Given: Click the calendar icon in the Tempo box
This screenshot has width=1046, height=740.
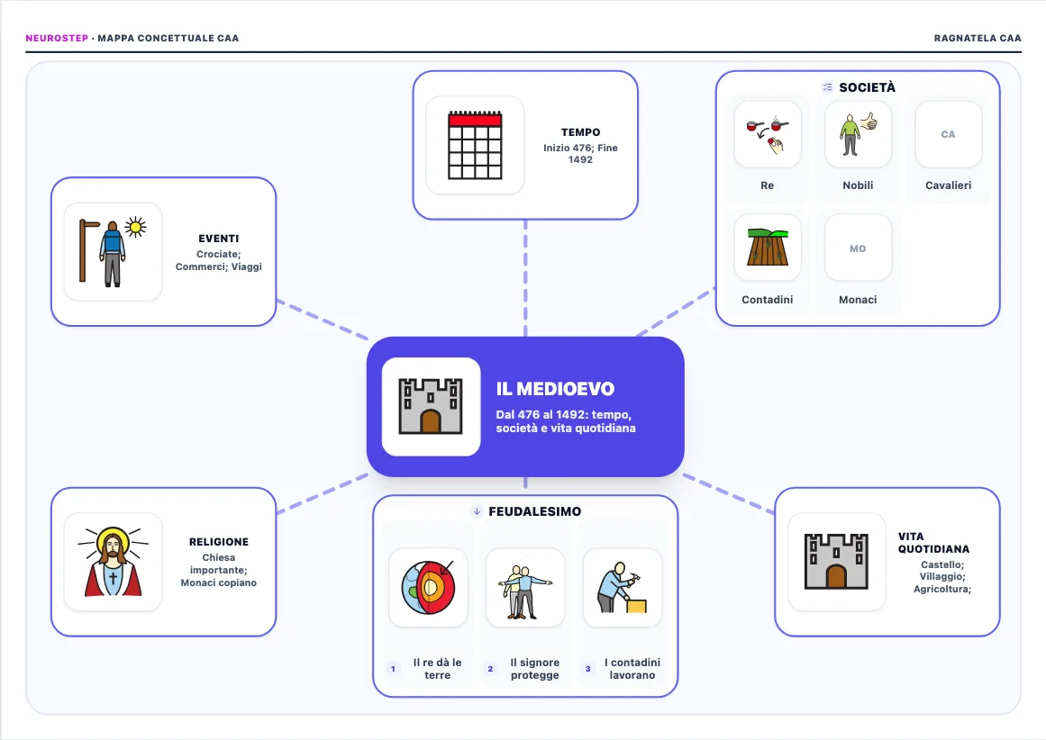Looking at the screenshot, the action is click(x=475, y=145).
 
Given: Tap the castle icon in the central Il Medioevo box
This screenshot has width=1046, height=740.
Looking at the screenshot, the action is click(x=431, y=407).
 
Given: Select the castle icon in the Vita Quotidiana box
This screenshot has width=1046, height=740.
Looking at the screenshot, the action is click(x=837, y=562).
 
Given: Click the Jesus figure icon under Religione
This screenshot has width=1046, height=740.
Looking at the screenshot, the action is click(x=114, y=562).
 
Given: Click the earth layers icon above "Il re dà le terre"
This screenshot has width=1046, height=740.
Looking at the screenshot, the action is click(x=428, y=587).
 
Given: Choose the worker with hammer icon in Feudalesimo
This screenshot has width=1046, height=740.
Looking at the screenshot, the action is click(x=623, y=587).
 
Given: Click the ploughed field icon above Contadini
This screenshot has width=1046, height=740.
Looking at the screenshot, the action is click(x=768, y=248).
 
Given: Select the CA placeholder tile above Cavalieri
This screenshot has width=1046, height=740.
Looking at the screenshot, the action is click(x=949, y=134).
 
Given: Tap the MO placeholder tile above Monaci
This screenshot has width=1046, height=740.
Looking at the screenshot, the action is click(x=858, y=248).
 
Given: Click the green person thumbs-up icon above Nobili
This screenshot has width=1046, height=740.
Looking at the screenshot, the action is click(x=858, y=134).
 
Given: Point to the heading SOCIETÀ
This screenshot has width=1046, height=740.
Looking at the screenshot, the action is click(x=868, y=87).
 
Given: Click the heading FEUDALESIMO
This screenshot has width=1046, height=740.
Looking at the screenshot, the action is click(x=535, y=511).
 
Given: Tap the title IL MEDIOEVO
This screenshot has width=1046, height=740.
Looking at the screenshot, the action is click(x=555, y=389).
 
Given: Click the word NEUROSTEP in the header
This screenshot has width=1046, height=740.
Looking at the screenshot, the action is click(x=57, y=38).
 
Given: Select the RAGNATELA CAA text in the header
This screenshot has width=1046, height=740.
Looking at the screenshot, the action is click(x=978, y=38).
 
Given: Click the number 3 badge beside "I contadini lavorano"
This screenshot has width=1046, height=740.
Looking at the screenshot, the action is click(x=587, y=669).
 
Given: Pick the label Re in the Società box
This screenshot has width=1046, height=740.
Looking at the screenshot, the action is click(x=767, y=185).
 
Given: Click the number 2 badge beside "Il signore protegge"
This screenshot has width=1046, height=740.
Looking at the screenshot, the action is click(x=490, y=669).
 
